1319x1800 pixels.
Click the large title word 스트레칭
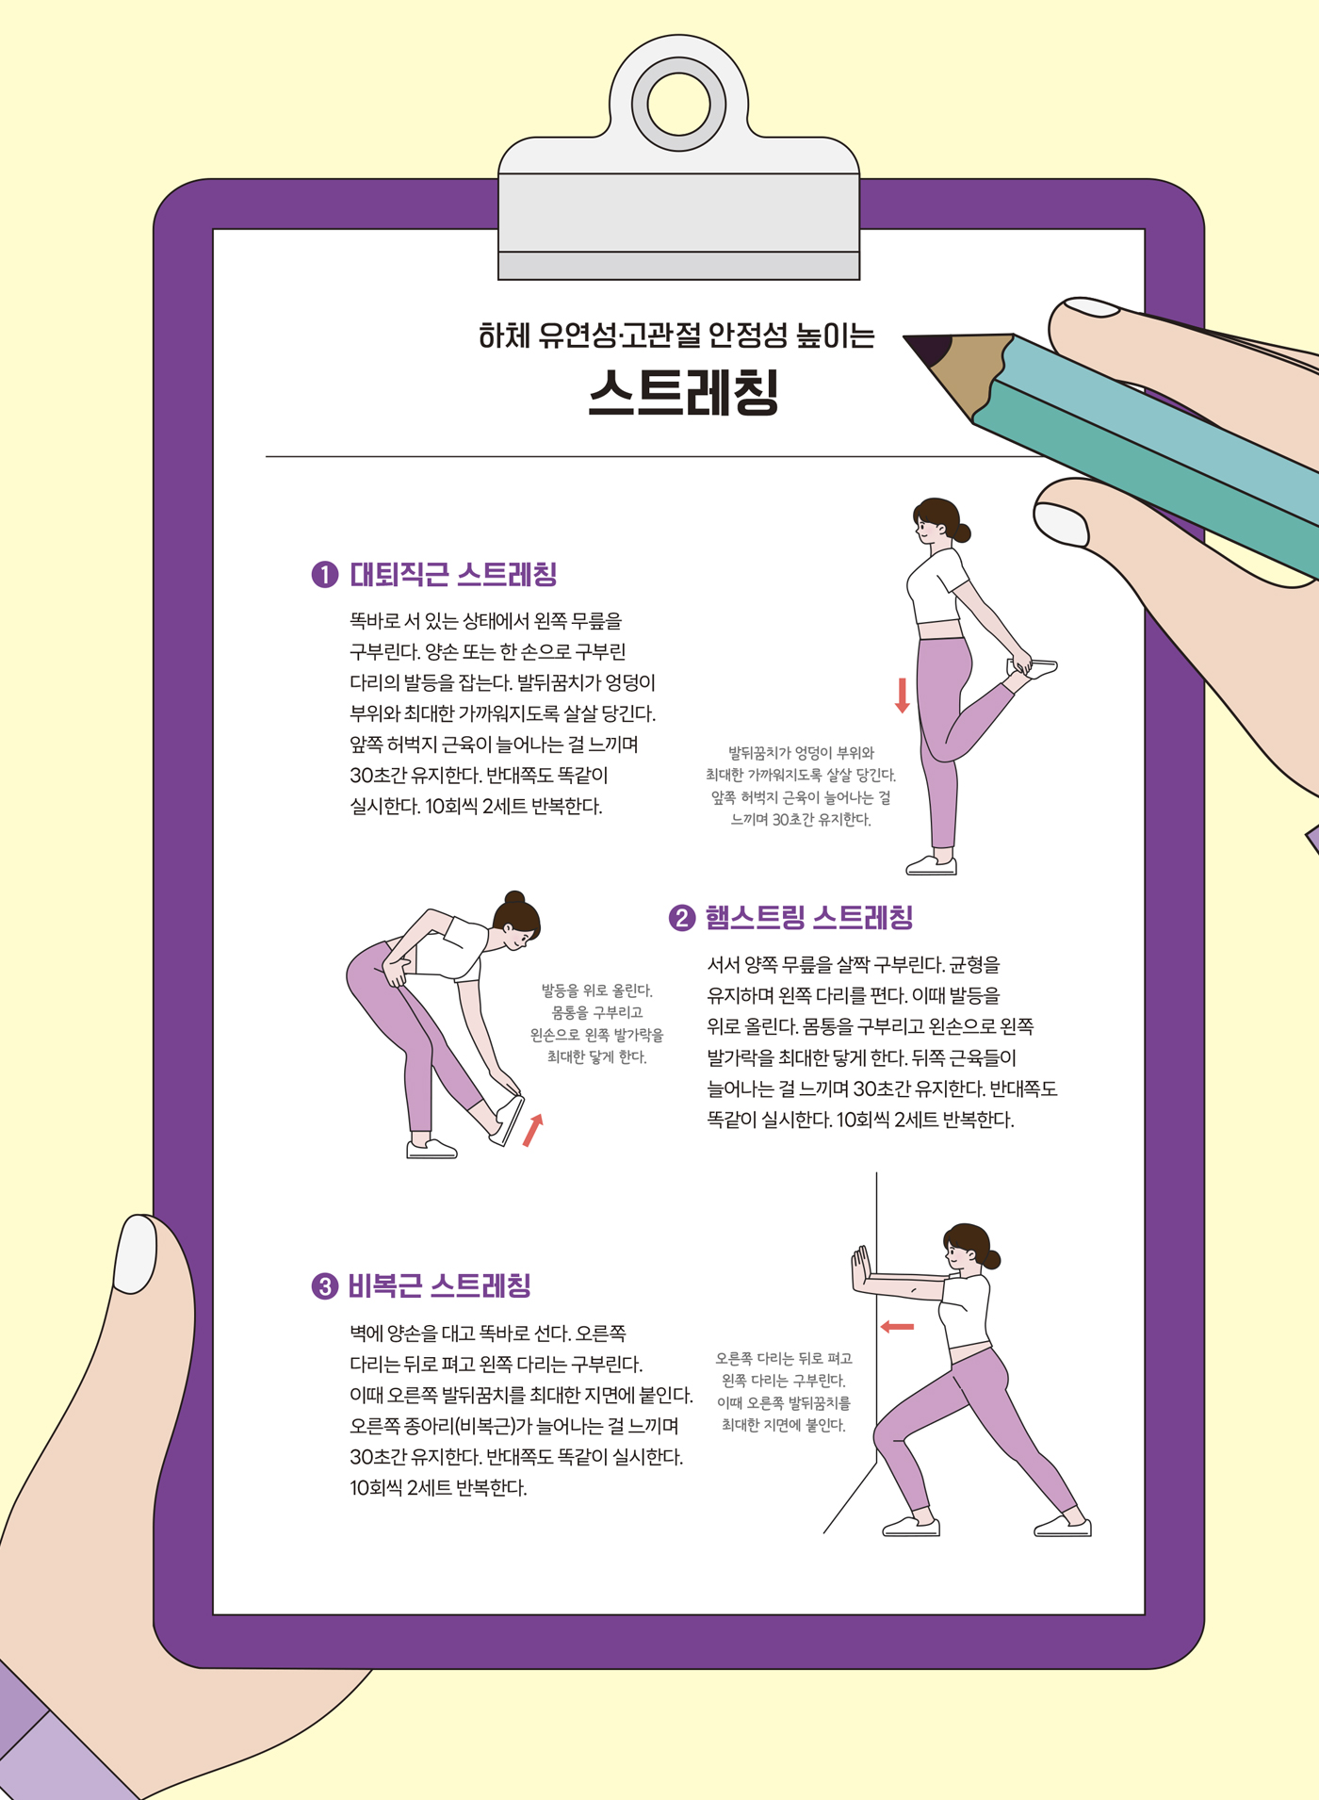pyautogui.click(x=684, y=391)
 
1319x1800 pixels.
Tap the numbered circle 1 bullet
pyautogui.click(x=325, y=574)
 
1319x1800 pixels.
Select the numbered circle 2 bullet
pyautogui.click(x=681, y=918)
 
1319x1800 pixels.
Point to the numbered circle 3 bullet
pyautogui.click(x=324, y=1286)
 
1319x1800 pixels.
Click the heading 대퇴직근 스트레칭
pyautogui.click(x=454, y=574)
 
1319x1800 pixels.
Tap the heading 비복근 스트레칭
pyautogui.click(x=440, y=1285)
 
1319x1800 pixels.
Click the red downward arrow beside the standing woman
pyautogui.click(x=902, y=695)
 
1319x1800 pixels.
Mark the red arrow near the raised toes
pyautogui.click(x=533, y=1129)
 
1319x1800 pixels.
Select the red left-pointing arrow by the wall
pyautogui.click(x=897, y=1327)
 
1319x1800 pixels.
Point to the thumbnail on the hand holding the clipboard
pyautogui.click(x=135, y=1254)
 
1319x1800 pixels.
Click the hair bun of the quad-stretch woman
pyautogui.click(x=961, y=532)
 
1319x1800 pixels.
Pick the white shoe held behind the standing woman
pyautogui.click(x=1033, y=668)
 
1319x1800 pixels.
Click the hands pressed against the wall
pyautogui.click(x=860, y=1268)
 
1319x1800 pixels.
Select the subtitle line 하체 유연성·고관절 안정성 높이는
pyautogui.click(x=676, y=335)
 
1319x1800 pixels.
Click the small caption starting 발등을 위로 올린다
pyautogui.click(x=596, y=1023)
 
